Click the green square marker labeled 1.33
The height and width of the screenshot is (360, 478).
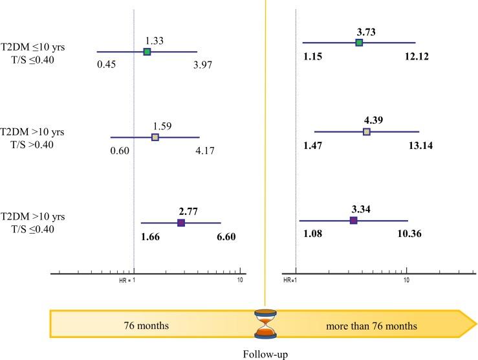(x=147, y=52)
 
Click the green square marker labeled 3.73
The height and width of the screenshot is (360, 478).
(x=359, y=43)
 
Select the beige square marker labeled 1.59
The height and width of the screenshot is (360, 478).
(x=155, y=137)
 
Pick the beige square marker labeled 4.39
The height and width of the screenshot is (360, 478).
(x=366, y=131)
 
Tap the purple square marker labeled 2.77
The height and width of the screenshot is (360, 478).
(x=181, y=223)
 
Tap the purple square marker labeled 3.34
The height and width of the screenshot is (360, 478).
(x=353, y=221)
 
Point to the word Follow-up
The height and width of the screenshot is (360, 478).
(x=265, y=354)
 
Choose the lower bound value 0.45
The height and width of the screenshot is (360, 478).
(x=107, y=65)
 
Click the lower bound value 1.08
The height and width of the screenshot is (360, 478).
(x=313, y=234)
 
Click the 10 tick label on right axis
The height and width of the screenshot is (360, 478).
(x=407, y=280)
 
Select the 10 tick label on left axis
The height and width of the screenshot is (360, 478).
(x=240, y=280)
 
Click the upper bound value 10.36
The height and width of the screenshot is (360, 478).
(x=407, y=234)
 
